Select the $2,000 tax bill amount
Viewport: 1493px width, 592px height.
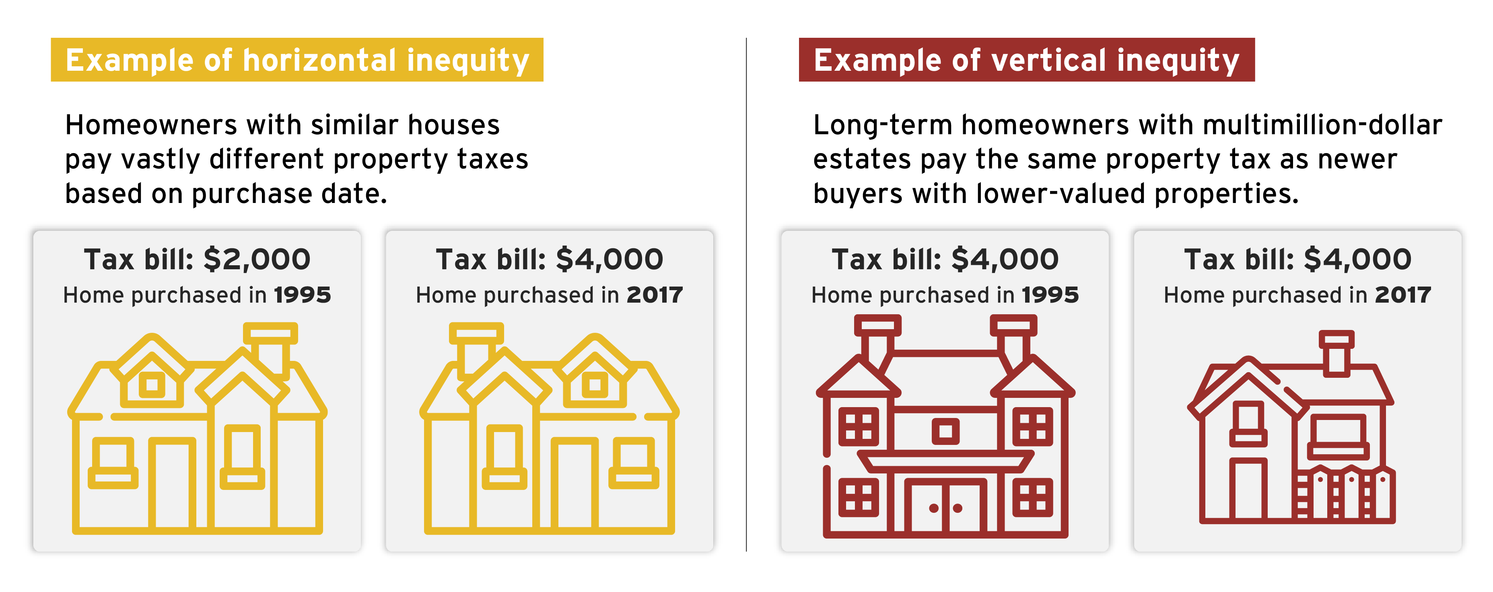click(x=257, y=259)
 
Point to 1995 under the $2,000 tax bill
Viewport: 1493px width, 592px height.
click(x=302, y=295)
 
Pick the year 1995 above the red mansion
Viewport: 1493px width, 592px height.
click(x=1050, y=295)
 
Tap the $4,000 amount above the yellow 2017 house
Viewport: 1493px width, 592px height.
click(x=610, y=259)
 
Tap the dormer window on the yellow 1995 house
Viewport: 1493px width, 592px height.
click(x=152, y=384)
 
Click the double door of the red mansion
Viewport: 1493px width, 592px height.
click(x=946, y=505)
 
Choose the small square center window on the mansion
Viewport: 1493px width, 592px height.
click(x=945, y=431)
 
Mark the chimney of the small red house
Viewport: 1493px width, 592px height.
click(x=1336, y=353)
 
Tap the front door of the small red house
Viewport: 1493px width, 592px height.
click(x=1248, y=489)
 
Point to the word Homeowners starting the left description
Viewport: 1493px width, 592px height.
click(x=151, y=125)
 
